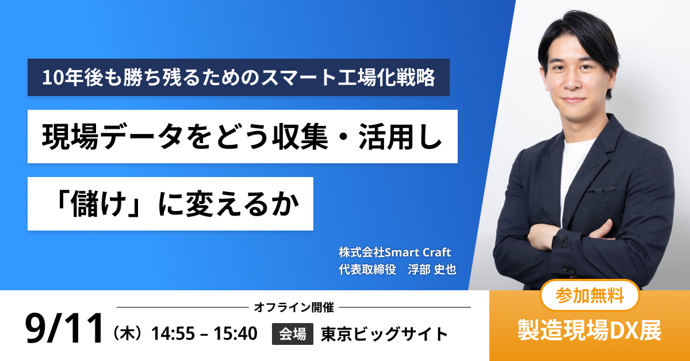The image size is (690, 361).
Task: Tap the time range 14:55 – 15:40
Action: point(204,333)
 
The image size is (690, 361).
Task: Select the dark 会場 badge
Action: point(292,333)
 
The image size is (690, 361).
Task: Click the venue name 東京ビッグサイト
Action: point(384,333)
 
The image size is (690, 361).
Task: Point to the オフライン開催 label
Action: point(294,308)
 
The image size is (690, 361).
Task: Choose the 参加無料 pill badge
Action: point(589,295)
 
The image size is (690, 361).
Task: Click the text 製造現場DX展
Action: point(589,330)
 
